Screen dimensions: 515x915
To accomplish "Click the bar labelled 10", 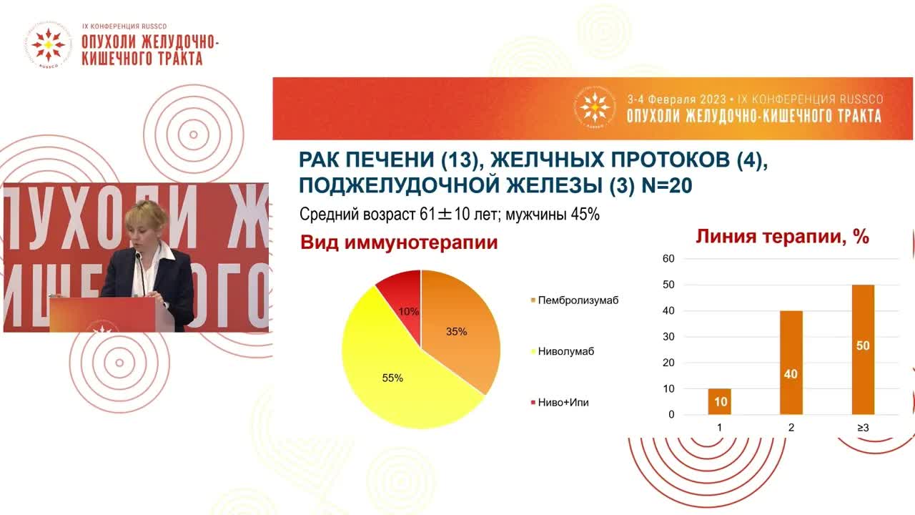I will click(x=719, y=401).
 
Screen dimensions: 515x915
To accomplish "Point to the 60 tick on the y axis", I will click(x=668, y=258).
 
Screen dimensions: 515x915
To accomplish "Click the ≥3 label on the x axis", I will click(x=862, y=428).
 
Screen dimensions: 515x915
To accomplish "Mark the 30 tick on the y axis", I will click(x=668, y=336).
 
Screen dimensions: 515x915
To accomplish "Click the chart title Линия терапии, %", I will click(x=783, y=237).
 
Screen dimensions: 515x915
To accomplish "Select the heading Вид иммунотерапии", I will click(x=399, y=242).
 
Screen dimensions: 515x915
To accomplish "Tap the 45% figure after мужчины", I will click(x=583, y=214).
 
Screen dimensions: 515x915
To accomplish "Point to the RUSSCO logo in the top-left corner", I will click(x=48, y=46).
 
